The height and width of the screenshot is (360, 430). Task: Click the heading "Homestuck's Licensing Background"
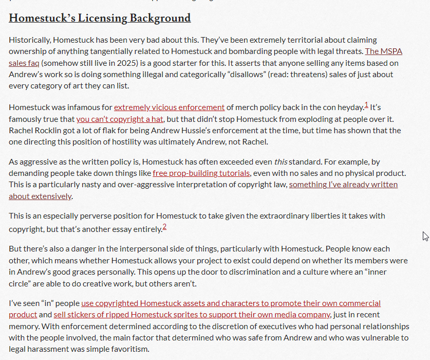pos(100,18)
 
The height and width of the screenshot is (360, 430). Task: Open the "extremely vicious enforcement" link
pos(169,107)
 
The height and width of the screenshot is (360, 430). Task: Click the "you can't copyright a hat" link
pos(120,119)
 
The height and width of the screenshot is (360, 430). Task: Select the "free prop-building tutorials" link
pos(201,173)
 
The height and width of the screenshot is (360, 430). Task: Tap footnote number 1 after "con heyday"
pos(366,105)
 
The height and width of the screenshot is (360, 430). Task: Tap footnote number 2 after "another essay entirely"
pos(164,227)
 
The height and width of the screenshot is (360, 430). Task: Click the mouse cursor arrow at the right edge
pos(425,236)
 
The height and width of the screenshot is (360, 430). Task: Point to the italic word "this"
pos(281,162)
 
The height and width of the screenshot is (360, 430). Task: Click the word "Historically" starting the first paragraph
pos(29,40)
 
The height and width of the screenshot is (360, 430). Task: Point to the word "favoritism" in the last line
pos(128,349)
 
